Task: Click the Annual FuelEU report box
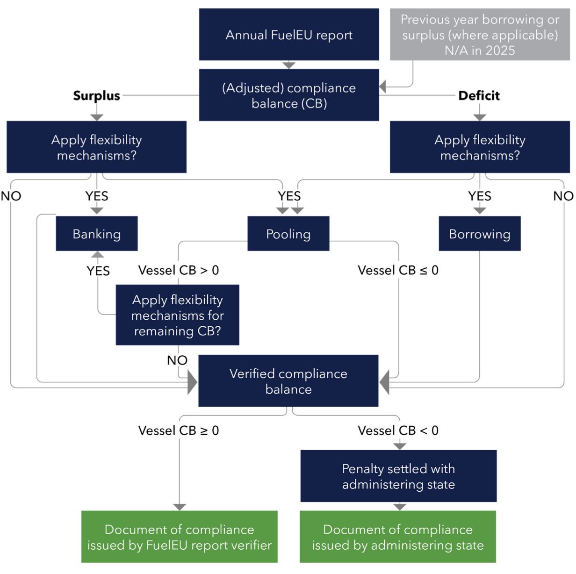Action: click(x=289, y=35)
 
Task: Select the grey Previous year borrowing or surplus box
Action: click(x=480, y=35)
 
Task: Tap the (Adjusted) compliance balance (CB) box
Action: click(x=289, y=95)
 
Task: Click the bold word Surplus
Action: click(x=96, y=96)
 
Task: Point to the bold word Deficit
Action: click(x=479, y=96)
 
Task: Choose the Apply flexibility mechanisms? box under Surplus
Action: click(x=96, y=147)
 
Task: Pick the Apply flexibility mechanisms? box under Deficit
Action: click(x=480, y=147)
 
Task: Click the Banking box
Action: click(x=97, y=234)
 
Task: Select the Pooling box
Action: click(x=288, y=234)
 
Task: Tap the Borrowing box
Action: click(x=480, y=234)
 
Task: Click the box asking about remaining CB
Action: click(x=178, y=315)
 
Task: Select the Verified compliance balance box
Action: click(x=288, y=381)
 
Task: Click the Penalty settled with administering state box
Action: click(x=398, y=476)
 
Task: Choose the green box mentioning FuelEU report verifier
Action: click(x=180, y=537)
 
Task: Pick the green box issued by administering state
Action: click(x=398, y=537)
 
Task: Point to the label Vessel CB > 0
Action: click(x=179, y=270)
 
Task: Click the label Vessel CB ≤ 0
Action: click(x=398, y=270)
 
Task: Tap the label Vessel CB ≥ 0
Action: click(x=179, y=430)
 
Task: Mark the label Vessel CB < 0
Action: click(x=398, y=430)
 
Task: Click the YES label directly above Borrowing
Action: click(x=480, y=196)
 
